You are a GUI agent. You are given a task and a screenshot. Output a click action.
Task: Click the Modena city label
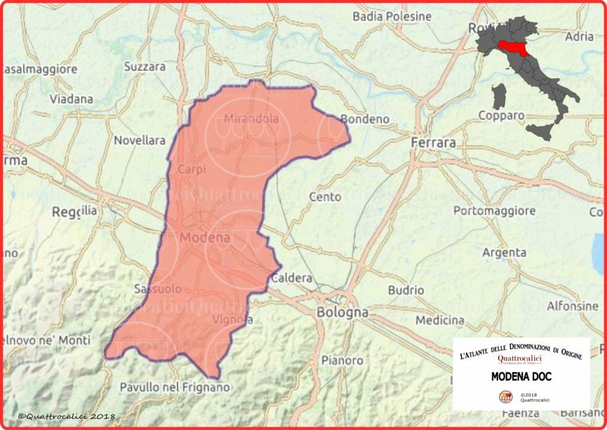click(x=204, y=237)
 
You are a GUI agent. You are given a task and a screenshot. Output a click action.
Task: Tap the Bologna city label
click(x=343, y=312)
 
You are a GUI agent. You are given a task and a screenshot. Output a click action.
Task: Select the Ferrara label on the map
click(x=434, y=143)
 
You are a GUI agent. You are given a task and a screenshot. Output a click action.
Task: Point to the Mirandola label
click(x=251, y=119)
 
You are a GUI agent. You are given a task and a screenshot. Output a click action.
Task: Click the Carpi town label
click(x=191, y=169)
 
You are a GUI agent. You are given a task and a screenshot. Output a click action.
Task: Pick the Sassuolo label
click(x=158, y=289)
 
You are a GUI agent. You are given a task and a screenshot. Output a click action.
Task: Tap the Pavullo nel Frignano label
click(x=174, y=387)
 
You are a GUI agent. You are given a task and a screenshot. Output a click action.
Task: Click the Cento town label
click(x=325, y=196)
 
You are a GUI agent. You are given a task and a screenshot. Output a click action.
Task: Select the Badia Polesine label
click(x=392, y=17)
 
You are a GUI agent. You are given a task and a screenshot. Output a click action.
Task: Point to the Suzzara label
click(x=145, y=67)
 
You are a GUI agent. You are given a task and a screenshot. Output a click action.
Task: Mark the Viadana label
click(x=71, y=98)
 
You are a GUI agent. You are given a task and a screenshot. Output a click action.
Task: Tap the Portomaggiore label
click(x=494, y=211)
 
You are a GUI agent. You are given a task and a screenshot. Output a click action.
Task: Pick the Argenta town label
click(x=504, y=253)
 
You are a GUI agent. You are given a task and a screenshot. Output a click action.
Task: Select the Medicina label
click(x=440, y=320)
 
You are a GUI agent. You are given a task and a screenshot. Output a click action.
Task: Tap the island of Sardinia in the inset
click(x=499, y=95)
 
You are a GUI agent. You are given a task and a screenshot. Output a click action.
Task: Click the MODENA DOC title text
click(x=522, y=376)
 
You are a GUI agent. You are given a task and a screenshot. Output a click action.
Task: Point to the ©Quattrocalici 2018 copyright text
click(x=66, y=417)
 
